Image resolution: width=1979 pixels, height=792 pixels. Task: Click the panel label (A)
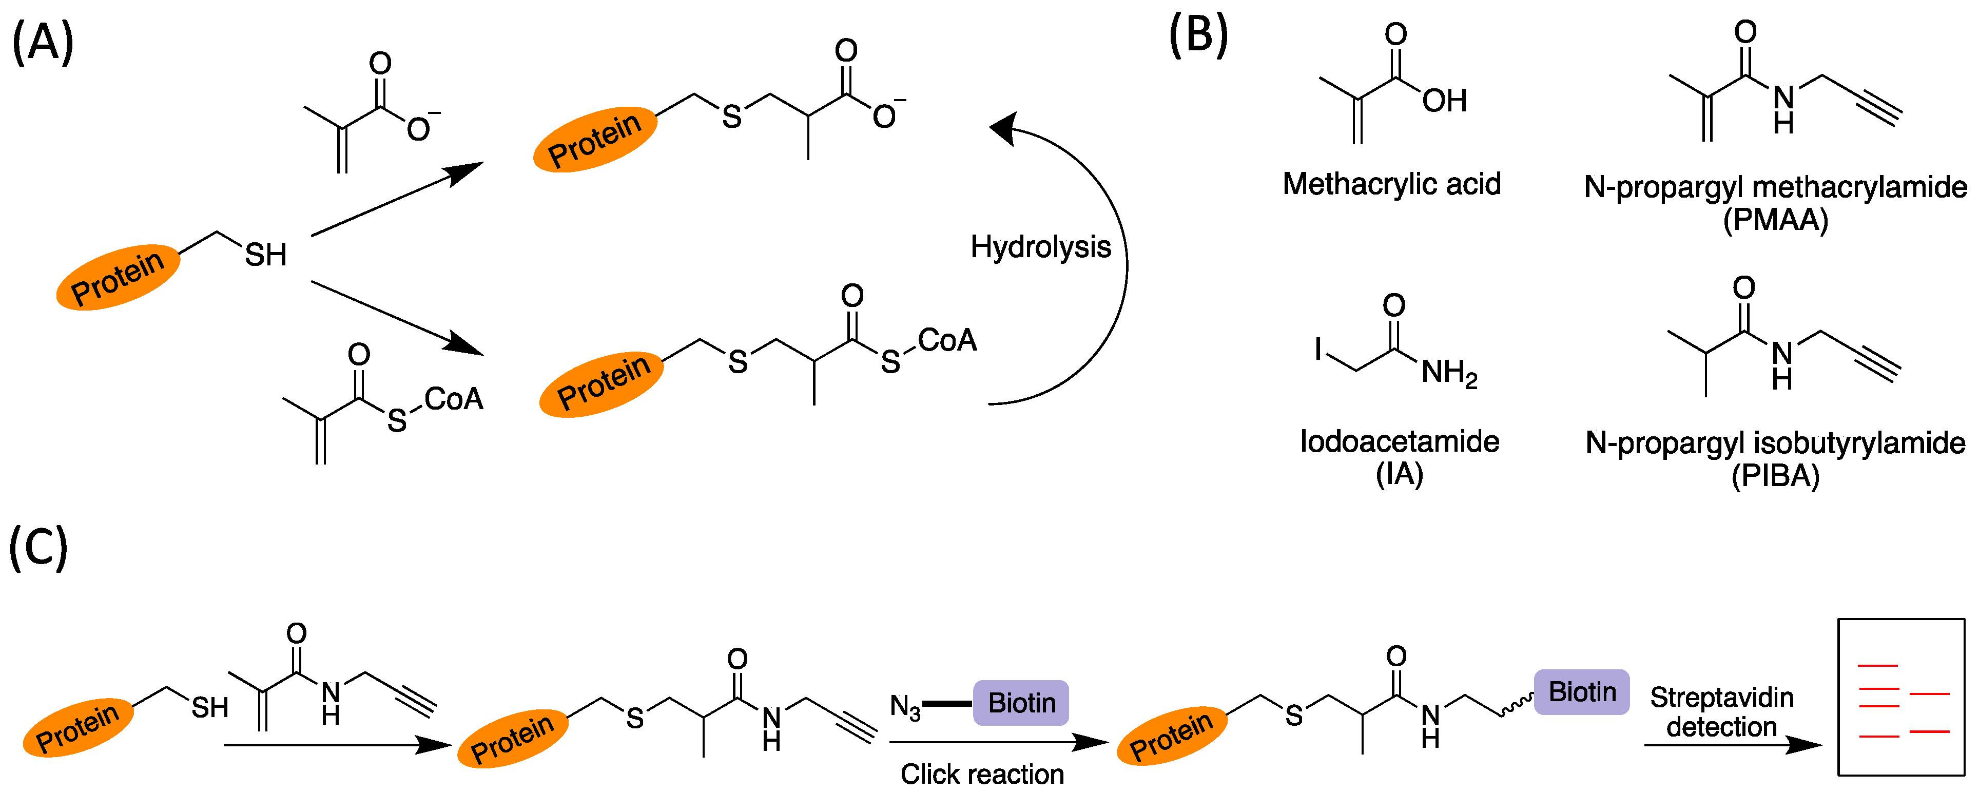pos(43,42)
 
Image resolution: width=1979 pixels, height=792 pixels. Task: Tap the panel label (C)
pos(38,547)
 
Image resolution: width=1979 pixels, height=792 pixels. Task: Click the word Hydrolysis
pos(1040,247)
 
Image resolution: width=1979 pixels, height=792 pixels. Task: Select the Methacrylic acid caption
pos(1391,184)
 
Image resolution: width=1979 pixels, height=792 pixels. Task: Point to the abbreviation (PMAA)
pos(1775,221)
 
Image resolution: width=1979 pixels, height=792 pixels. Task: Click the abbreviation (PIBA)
pos(1775,476)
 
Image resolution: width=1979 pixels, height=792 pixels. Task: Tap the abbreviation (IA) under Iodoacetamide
pos(1399,474)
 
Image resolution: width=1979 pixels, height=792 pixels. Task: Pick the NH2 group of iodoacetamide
pos(1449,373)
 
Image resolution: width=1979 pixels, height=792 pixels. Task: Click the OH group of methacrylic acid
pos(1444,101)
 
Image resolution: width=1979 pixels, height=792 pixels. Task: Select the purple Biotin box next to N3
pos(1020,702)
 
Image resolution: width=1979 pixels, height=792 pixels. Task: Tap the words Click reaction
pos(982,774)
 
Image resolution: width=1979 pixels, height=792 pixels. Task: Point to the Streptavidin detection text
pos(1722,712)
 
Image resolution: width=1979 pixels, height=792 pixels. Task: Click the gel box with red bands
pos(1900,697)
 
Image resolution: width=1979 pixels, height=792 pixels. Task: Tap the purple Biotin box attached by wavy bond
pos(1581,691)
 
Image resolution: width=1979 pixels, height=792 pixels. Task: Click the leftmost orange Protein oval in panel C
pos(77,727)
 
